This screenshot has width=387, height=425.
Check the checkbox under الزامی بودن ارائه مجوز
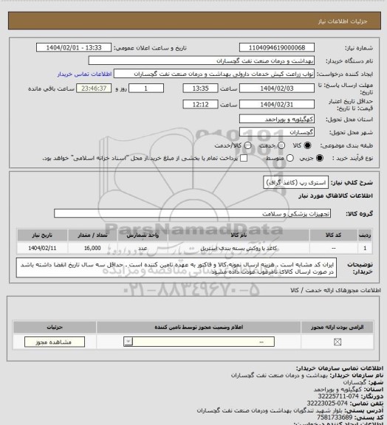(338, 342)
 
